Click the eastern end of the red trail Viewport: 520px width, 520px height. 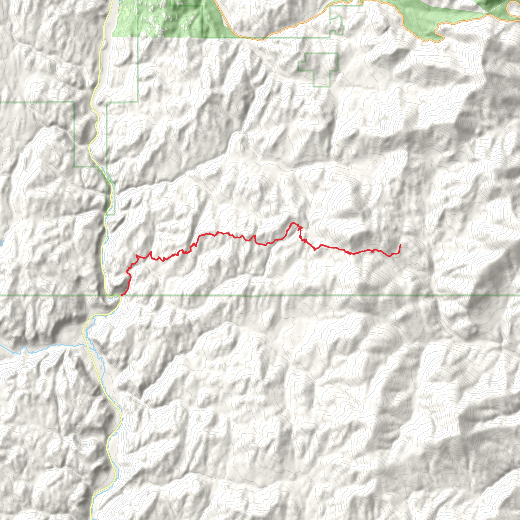(x=401, y=245)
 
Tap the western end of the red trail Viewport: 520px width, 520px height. (x=122, y=295)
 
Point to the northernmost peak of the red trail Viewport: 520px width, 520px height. (x=292, y=223)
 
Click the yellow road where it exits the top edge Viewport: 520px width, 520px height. (x=111, y=1)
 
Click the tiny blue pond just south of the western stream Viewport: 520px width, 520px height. (x=78, y=352)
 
